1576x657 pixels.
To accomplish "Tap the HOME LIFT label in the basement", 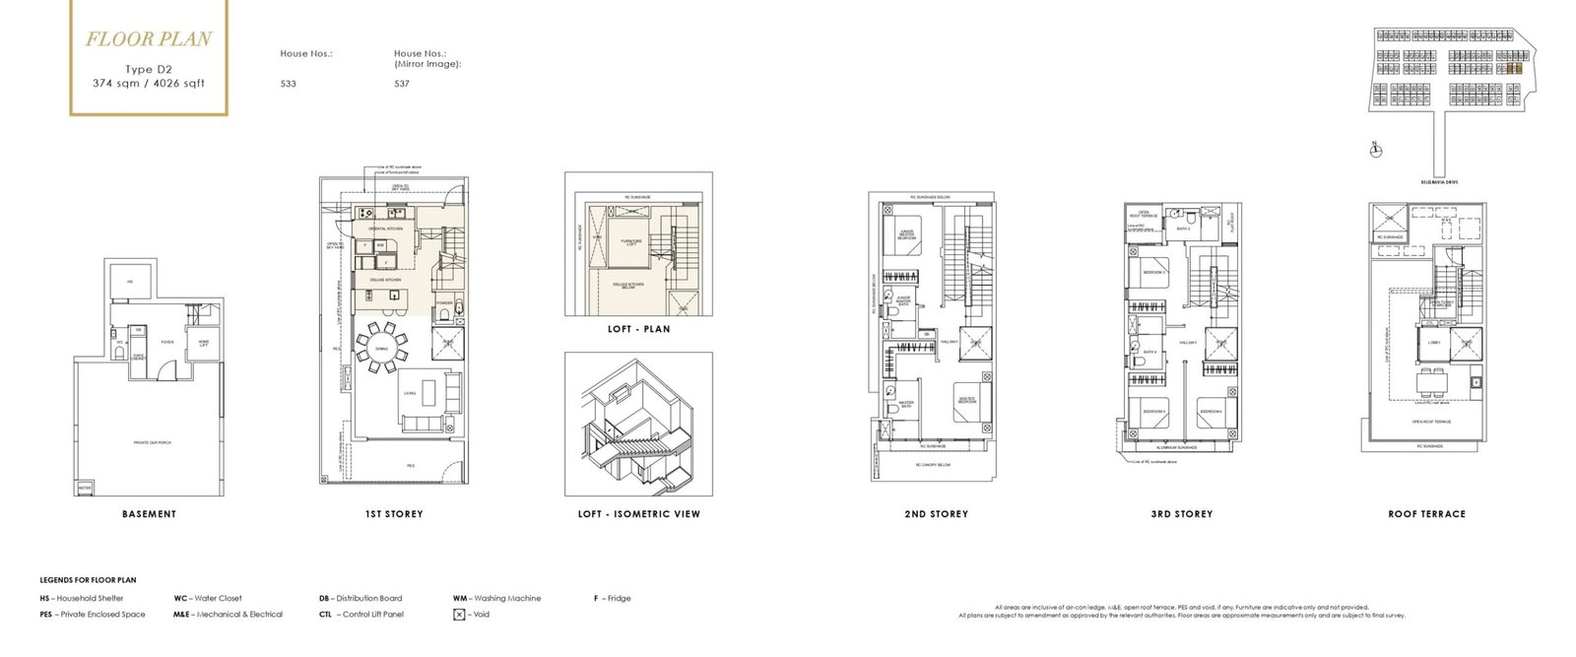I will pos(204,342).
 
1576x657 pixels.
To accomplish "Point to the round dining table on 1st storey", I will pos(379,346).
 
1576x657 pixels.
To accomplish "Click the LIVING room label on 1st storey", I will pos(410,393).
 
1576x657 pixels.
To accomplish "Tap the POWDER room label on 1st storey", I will pos(444,303).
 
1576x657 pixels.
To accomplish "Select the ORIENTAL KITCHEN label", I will pos(385,229).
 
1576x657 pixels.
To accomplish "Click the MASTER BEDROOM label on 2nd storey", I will pos(967,399).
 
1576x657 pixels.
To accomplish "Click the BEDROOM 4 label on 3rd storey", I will pos(1211,412).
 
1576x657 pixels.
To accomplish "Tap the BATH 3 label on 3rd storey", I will pos(1183,229).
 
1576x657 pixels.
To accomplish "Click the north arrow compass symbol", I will pos(1376,150).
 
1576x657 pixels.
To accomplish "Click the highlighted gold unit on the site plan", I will pos(1515,69).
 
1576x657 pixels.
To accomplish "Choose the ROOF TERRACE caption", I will pos(1426,514).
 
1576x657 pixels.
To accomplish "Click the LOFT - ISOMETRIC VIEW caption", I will pos(638,514).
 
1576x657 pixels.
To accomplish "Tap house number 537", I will pos(402,84).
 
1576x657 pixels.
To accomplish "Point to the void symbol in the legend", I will pos(459,615).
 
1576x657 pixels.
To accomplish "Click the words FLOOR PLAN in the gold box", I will pos(148,40).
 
